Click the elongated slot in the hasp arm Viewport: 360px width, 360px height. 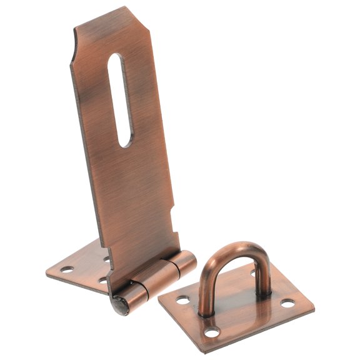tap(121, 100)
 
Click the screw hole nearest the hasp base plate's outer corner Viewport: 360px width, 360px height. tap(67, 270)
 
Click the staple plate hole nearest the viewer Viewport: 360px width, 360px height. tap(214, 332)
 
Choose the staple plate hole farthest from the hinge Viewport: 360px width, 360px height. tap(287, 303)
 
